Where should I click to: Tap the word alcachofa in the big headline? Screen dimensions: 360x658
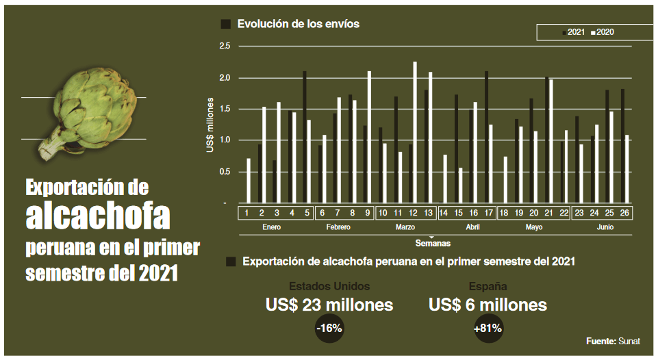coord(98,216)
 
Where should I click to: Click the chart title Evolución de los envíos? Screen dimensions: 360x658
coord(298,24)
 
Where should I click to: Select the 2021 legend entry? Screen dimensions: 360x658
coord(574,32)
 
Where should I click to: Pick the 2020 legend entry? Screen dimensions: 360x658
coord(603,32)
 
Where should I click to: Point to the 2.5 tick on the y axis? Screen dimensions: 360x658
coord(225,46)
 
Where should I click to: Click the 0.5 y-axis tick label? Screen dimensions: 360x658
coord(225,172)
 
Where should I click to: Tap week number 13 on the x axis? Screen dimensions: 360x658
coord(429,213)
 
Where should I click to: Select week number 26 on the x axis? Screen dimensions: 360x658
coord(624,213)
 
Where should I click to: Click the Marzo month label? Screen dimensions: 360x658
coord(405,227)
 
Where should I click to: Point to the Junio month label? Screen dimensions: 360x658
coord(605,227)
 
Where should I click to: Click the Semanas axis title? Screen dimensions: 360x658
coord(431,242)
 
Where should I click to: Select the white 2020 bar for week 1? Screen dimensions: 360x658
coord(249,181)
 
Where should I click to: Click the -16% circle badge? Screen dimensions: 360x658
coord(329,329)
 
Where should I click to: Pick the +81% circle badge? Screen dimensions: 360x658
coord(488,329)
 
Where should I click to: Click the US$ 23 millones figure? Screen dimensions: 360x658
coord(329,305)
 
